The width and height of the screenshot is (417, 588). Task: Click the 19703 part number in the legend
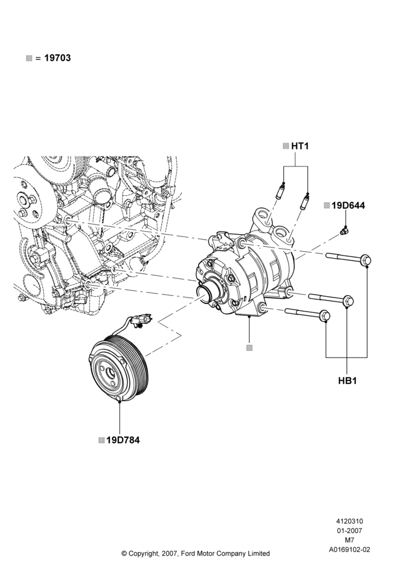point(57,58)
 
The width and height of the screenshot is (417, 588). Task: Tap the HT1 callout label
point(300,146)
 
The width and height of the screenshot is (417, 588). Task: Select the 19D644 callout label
point(348,205)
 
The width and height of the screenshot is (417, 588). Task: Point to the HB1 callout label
point(347,380)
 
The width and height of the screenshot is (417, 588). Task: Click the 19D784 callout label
point(123,440)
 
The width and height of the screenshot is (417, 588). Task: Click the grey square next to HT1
point(286,146)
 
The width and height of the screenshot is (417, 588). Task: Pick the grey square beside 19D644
point(326,205)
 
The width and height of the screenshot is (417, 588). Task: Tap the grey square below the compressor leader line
point(250,348)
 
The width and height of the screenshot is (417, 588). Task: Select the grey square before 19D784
point(101,440)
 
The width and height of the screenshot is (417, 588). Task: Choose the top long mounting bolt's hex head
point(366,260)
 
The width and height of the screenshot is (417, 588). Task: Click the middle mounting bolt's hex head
point(348,300)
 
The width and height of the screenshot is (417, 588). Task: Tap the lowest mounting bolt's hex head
point(325,316)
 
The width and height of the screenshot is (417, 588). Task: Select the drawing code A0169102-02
point(349,550)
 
